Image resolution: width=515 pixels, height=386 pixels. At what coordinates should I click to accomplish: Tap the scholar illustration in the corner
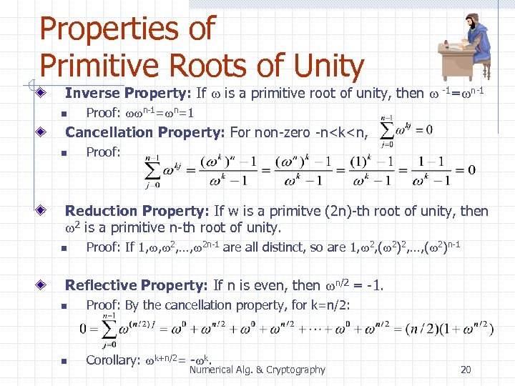coord(464,47)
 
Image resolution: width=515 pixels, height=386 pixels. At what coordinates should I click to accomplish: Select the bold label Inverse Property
coord(127,93)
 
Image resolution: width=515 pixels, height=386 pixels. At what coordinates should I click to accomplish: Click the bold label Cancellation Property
coord(146,132)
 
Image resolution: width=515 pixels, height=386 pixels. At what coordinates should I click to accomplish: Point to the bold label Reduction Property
coord(137,211)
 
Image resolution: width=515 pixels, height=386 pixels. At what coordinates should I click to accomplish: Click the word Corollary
coord(112,360)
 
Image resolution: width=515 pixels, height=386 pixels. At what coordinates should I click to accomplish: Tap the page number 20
coord(466,370)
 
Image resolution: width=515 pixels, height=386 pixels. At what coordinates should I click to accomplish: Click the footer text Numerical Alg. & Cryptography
coord(257,370)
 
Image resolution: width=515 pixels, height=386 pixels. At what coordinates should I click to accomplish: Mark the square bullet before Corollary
coord(63,361)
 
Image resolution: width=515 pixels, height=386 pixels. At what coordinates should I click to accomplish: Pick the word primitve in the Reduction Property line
coord(272,211)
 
